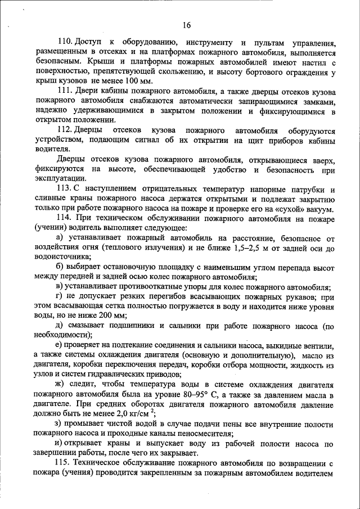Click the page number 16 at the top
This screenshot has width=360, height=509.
click(x=187, y=25)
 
